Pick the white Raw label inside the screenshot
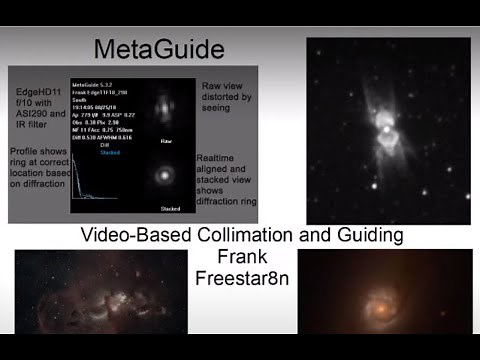click(x=166, y=141)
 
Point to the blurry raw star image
click(x=165, y=108)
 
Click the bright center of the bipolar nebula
click(x=386, y=127)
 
